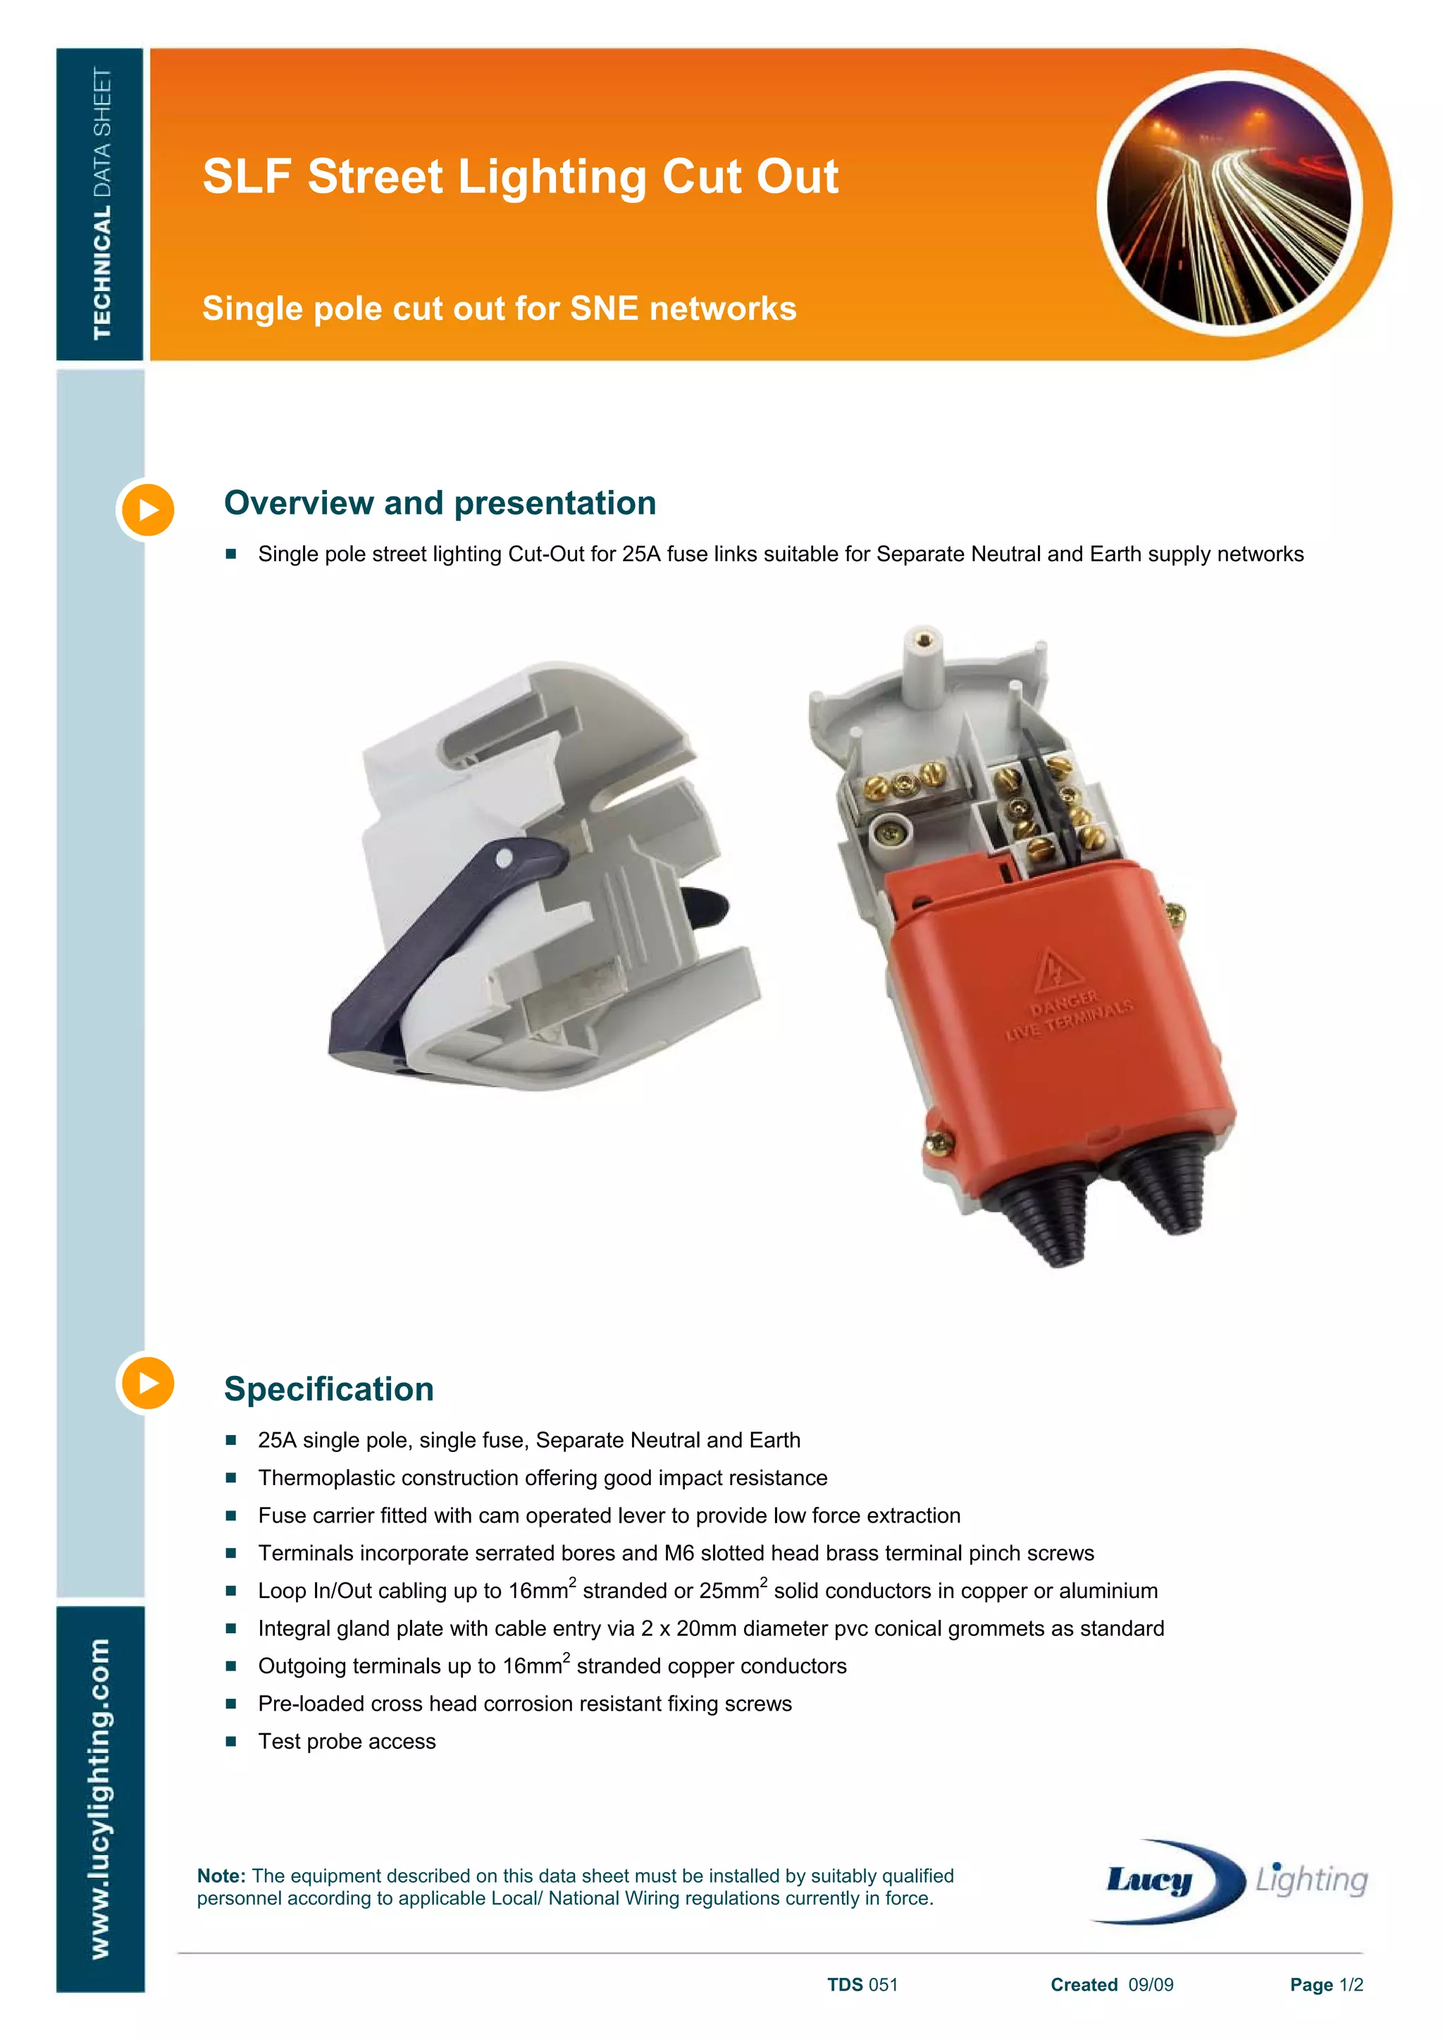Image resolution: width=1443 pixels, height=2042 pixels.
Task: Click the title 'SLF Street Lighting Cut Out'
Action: (x=520, y=176)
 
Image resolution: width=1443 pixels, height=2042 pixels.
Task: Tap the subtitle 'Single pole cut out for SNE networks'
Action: (x=499, y=309)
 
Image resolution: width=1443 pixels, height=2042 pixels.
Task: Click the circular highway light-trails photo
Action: (x=1230, y=203)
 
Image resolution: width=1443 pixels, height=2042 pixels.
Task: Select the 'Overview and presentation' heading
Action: (x=440, y=503)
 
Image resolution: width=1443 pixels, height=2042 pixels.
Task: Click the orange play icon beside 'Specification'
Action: (x=147, y=1383)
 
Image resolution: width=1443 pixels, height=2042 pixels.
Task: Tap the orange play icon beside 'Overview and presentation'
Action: (x=147, y=510)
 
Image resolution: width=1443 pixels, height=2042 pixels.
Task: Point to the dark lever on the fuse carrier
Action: (x=427, y=942)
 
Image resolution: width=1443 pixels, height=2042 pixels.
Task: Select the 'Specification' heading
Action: (x=329, y=1389)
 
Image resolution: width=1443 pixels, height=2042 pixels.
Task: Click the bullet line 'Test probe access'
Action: (x=347, y=1742)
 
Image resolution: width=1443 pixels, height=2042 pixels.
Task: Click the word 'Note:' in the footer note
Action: (x=221, y=1876)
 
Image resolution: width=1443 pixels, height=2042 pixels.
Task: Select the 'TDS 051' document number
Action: (x=862, y=1985)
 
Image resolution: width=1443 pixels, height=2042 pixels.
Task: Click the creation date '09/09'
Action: (x=1151, y=1985)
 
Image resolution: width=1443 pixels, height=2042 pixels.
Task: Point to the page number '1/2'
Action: (x=1351, y=1985)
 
